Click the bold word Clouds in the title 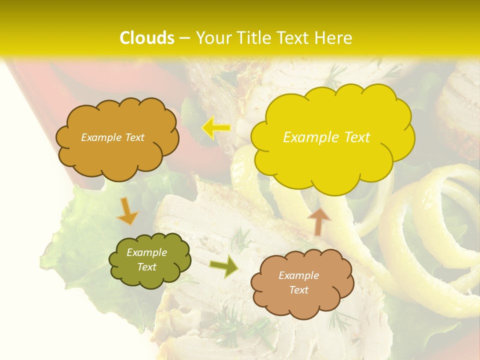(x=147, y=38)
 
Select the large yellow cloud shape (x=332, y=150)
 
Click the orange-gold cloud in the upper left (x=117, y=150)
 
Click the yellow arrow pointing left (x=216, y=128)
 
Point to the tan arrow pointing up (x=318, y=220)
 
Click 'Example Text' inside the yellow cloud (x=326, y=137)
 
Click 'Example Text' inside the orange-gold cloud (x=112, y=137)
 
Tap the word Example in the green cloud (x=146, y=253)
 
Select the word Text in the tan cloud (x=299, y=290)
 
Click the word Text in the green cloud (x=146, y=267)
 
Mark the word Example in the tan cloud (x=298, y=275)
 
